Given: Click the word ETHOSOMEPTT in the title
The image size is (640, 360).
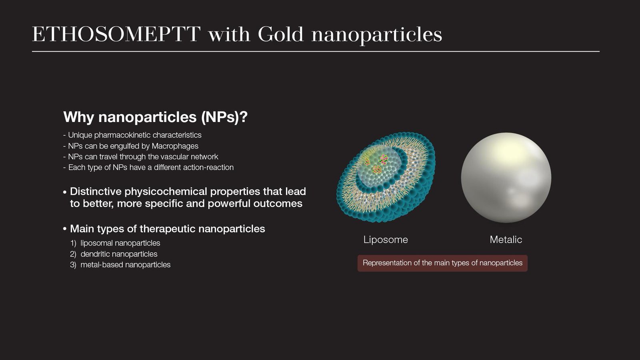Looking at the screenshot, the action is (x=116, y=34).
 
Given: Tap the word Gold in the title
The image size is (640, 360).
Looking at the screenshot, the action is (x=280, y=34).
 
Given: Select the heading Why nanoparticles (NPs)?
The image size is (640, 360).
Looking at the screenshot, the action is (x=156, y=117).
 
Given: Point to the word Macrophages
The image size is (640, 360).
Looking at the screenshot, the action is (x=175, y=146).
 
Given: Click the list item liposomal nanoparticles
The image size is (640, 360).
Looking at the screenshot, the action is (x=120, y=243).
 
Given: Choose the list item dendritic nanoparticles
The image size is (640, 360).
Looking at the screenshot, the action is (x=119, y=254).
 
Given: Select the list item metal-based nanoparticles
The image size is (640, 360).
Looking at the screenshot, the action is (x=126, y=265).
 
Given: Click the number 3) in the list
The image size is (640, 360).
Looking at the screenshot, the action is (x=73, y=265).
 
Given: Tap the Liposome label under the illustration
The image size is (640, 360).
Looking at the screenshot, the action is (x=386, y=240).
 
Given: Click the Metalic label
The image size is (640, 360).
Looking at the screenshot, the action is (x=506, y=240).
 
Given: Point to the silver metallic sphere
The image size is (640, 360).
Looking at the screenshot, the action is (x=506, y=178).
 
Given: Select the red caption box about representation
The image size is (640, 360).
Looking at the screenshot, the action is (x=442, y=263).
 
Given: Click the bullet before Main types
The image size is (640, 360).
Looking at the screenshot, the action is (x=65, y=229).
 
